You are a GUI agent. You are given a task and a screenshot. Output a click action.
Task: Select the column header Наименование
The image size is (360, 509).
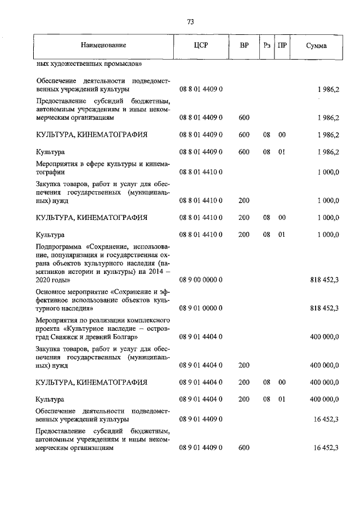103,45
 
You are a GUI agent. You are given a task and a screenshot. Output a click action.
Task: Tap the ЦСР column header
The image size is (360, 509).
201,45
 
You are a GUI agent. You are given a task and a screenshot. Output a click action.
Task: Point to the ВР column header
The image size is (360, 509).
244,45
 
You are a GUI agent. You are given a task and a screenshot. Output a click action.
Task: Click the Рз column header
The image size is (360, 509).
266,45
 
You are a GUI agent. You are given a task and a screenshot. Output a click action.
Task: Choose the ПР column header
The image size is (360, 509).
282,45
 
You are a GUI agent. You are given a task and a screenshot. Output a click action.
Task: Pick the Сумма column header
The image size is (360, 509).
317,45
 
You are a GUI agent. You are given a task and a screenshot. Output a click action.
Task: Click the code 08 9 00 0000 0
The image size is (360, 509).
201,279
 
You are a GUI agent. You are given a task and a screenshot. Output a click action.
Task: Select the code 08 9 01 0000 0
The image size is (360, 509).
201,308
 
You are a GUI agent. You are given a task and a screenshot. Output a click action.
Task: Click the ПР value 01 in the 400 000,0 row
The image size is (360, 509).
282,399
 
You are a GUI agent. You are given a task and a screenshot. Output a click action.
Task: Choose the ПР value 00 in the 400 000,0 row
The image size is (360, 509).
282,382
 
